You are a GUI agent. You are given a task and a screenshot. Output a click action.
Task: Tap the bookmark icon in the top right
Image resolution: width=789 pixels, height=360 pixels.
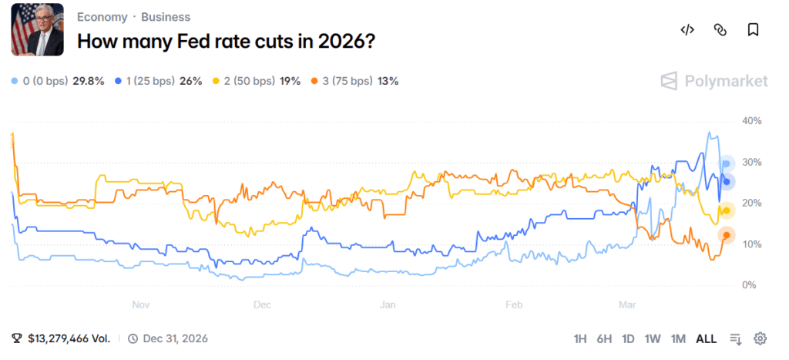tap(753, 30)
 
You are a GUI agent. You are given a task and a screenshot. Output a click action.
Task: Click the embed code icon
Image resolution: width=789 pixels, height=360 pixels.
tap(687, 30)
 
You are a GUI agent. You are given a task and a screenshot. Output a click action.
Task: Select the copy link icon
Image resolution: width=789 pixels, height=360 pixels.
tap(720, 30)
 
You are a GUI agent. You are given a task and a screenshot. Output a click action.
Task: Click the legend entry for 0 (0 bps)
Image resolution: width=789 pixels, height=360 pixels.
tap(58, 81)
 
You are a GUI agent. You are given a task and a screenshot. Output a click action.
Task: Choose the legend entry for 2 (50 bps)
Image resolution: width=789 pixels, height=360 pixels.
tap(256, 81)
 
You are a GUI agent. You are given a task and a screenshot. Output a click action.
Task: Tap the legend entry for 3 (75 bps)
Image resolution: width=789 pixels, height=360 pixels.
tap(354, 81)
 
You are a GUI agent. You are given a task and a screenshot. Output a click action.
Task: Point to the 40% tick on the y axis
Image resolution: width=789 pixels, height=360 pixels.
tap(750, 121)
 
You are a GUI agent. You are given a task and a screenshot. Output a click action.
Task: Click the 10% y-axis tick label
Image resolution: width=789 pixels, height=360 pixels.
tap(750, 244)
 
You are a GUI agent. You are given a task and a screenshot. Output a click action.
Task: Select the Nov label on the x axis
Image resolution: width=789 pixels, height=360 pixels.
tap(140, 304)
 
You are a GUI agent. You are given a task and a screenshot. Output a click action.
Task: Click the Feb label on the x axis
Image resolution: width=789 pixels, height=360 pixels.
tap(513, 304)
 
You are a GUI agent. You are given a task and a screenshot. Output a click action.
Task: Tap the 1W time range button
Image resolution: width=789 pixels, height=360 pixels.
tap(653, 338)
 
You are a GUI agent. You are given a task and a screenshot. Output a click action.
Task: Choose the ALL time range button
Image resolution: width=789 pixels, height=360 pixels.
tap(706, 338)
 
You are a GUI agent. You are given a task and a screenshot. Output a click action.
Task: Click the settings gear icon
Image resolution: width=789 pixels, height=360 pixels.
tap(760, 338)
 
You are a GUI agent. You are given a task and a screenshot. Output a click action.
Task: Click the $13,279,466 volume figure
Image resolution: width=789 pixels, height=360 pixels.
tap(69, 338)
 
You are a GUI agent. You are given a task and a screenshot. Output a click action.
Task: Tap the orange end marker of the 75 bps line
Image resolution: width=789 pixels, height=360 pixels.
tap(726, 236)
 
